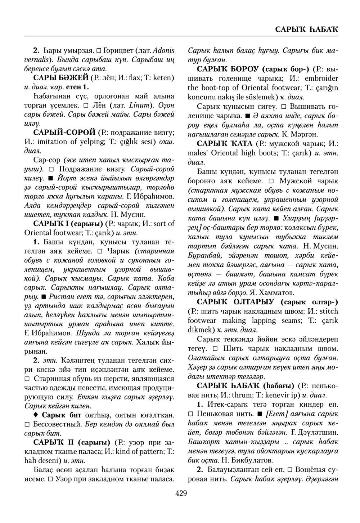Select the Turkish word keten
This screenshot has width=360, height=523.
[164, 77]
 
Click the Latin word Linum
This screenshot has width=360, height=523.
[138, 106]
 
